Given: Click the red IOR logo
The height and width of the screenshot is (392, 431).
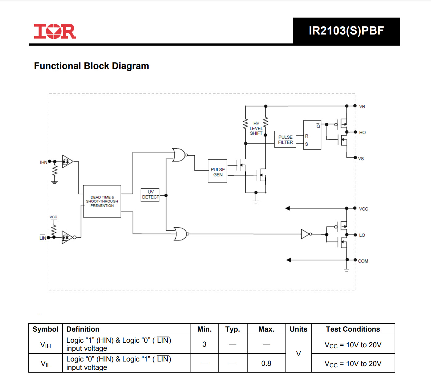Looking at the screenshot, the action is pyautogui.click(x=55, y=31).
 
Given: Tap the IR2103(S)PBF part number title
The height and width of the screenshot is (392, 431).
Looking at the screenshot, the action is pyautogui.click(x=346, y=31).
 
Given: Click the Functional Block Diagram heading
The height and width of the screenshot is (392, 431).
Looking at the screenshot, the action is pyautogui.click(x=91, y=66).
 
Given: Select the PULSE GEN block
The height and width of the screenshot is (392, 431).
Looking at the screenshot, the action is pyautogui.click(x=217, y=171).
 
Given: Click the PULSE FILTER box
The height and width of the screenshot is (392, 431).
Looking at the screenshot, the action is pyautogui.click(x=285, y=139).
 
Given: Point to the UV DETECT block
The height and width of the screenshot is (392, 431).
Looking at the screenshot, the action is pyautogui.click(x=150, y=195).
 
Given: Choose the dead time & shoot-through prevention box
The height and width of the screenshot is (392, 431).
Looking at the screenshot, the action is pyautogui.click(x=102, y=201).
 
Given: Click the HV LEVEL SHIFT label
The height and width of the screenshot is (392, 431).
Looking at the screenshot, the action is pyautogui.click(x=256, y=128).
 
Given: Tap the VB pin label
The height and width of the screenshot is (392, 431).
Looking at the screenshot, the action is pyautogui.click(x=362, y=107).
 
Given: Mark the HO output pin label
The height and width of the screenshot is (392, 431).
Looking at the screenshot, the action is pyautogui.click(x=362, y=133).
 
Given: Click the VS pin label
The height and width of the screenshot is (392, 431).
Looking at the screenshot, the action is pyautogui.click(x=361, y=159).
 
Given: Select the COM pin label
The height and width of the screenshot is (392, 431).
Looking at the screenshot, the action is pyautogui.click(x=363, y=261).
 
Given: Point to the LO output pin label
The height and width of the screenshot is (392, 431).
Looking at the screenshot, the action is pyautogui.click(x=362, y=235).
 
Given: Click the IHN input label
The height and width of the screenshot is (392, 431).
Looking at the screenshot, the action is pyautogui.click(x=43, y=162).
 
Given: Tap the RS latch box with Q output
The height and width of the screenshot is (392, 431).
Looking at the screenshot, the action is pyautogui.click(x=312, y=135).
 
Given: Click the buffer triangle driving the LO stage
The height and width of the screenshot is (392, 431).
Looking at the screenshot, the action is pyautogui.click(x=305, y=234).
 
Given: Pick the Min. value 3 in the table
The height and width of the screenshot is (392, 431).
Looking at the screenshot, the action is pyautogui.click(x=204, y=344).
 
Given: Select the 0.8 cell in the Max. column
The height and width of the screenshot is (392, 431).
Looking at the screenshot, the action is pyautogui.click(x=266, y=363).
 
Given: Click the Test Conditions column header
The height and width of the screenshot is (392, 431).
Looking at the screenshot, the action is pyautogui.click(x=353, y=329).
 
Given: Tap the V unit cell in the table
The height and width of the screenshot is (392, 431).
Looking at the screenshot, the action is pyautogui.click(x=298, y=353).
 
